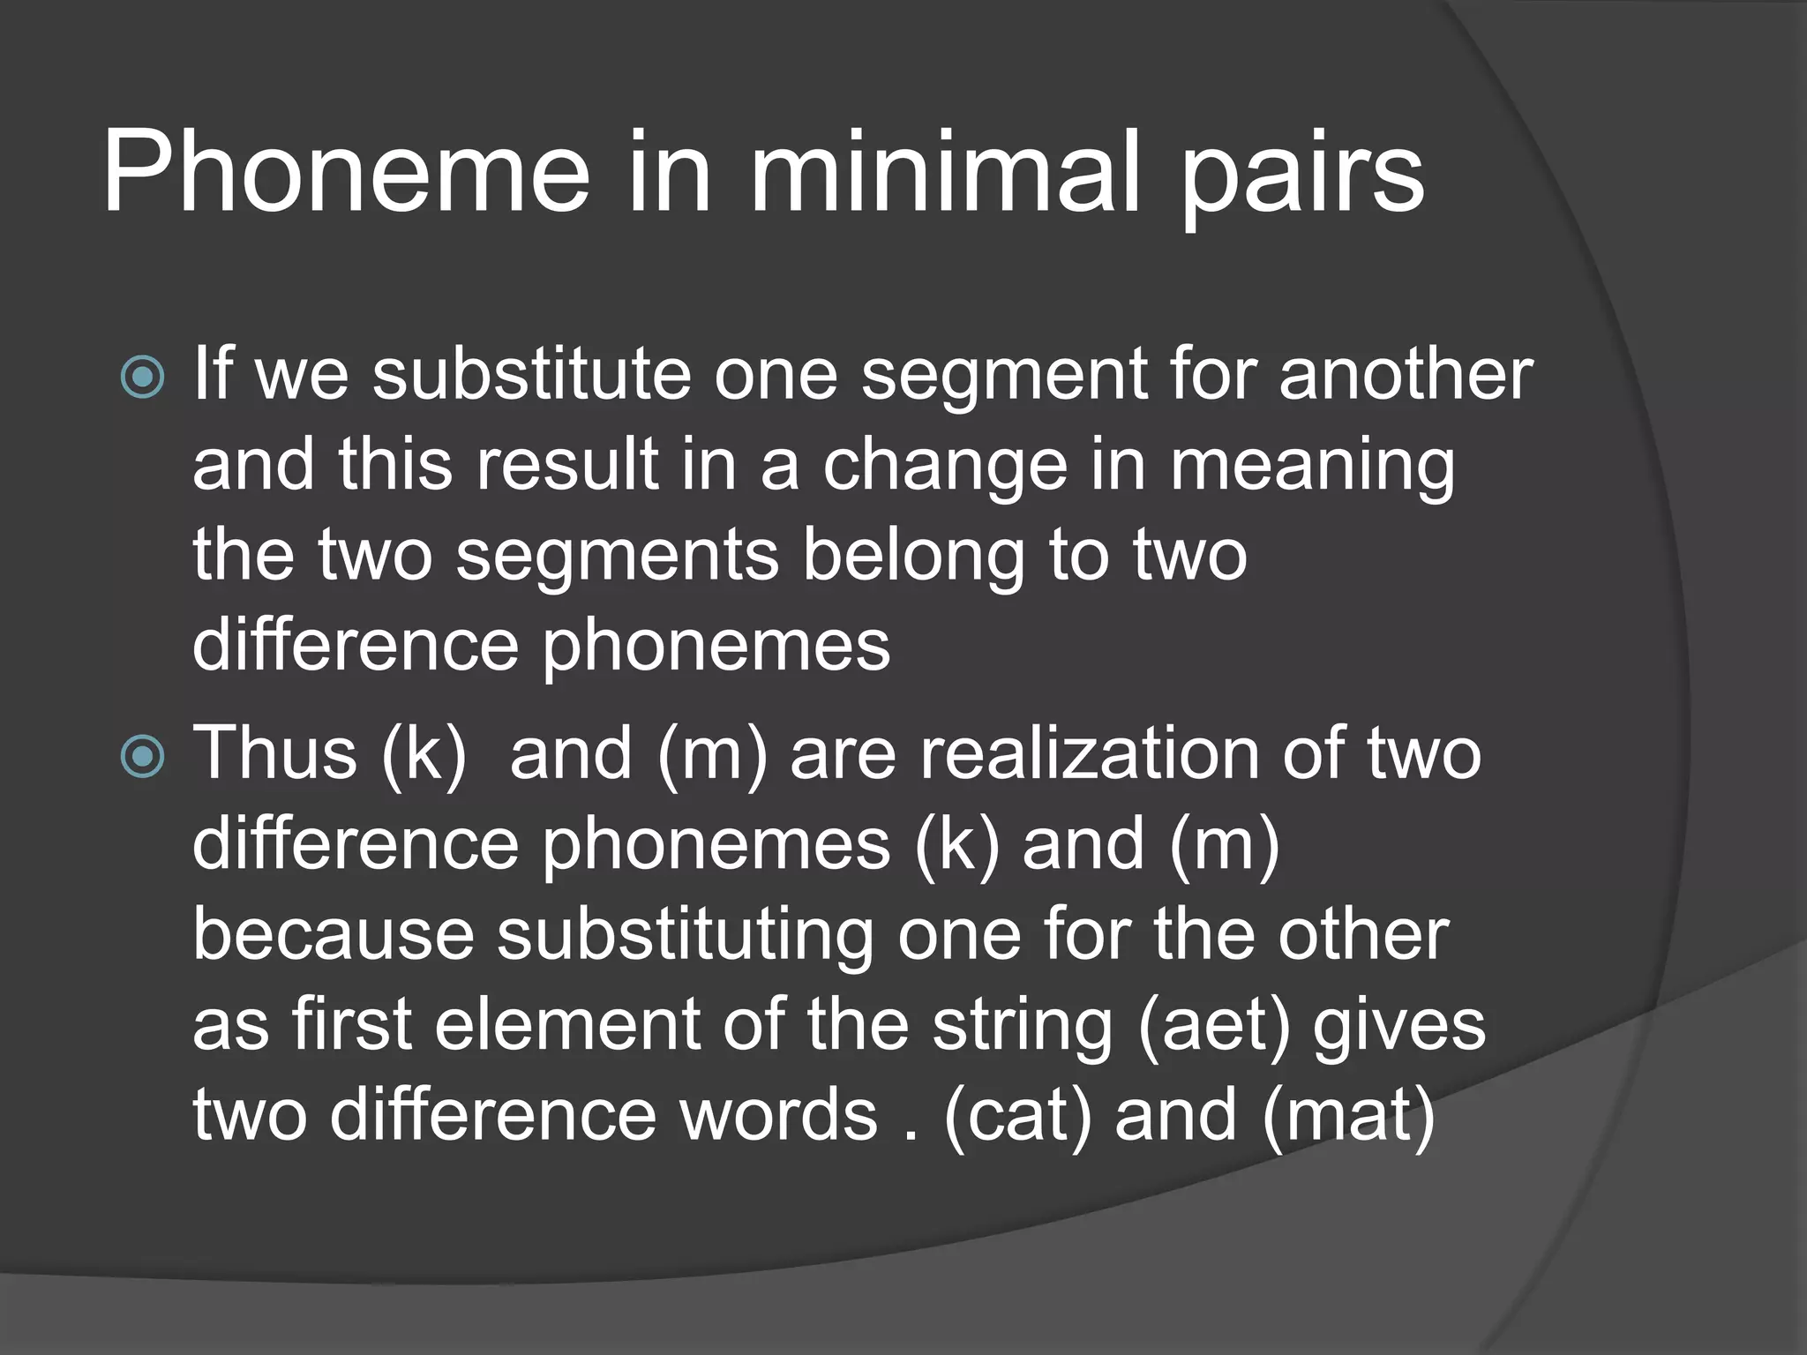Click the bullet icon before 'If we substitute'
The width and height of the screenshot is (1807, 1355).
pos(142,378)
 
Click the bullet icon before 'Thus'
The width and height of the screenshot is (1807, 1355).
pos(142,757)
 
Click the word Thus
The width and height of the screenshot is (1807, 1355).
pos(274,753)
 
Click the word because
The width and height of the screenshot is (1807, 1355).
pos(334,935)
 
